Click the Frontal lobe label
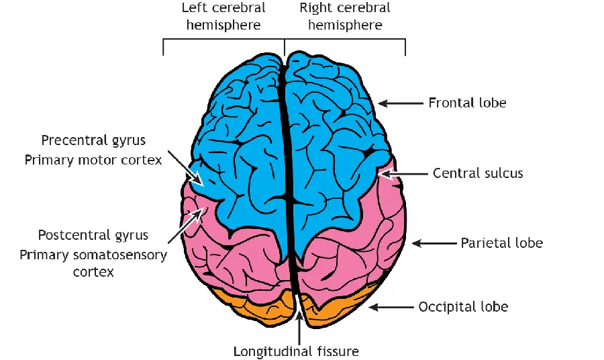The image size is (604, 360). click(x=467, y=103)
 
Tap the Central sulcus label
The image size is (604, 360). click(x=478, y=173)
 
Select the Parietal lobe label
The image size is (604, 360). click(x=501, y=242)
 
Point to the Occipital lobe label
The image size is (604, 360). click(x=463, y=307)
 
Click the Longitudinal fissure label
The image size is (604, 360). click(x=296, y=351)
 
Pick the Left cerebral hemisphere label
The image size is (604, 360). click(x=223, y=17)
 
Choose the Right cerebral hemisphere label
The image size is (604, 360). click(x=345, y=17)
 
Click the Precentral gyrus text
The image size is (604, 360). click(x=93, y=140)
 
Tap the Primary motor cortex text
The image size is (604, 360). click(x=93, y=160)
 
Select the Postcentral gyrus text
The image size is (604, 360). click(x=93, y=235)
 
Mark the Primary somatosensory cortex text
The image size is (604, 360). click(x=93, y=263)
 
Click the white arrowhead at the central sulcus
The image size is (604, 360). click(x=385, y=174)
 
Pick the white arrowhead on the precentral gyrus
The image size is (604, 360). click(x=197, y=180)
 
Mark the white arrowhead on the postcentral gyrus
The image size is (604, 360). click(x=198, y=214)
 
